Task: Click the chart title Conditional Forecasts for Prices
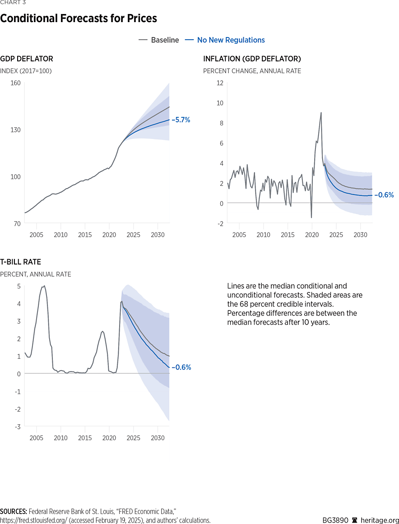[x=79, y=19]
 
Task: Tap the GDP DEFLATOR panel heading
[x=27, y=59]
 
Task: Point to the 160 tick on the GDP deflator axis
[x=15, y=83]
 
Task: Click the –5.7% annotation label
[x=181, y=120]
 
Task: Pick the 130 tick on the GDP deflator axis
[x=15, y=130]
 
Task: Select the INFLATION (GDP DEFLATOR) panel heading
[x=252, y=59]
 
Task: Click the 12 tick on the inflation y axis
[x=220, y=83]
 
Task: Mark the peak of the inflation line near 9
[x=321, y=112]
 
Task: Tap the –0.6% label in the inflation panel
[x=384, y=195]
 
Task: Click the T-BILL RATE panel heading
[x=21, y=262]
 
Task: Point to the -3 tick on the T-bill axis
[x=17, y=427]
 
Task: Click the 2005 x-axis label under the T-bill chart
[x=37, y=438]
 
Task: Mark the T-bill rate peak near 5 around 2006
[x=44, y=286]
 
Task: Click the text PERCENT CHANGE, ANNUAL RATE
[x=252, y=71]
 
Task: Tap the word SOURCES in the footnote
[x=14, y=512]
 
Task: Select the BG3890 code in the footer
[x=335, y=520]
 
